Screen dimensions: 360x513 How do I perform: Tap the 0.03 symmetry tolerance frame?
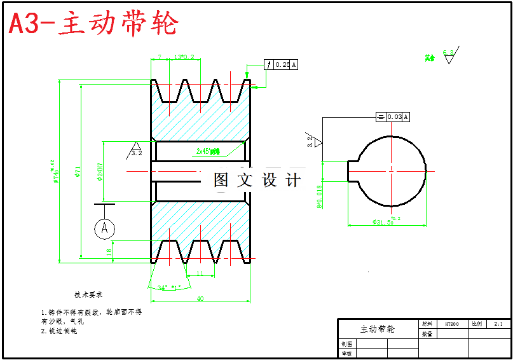393,116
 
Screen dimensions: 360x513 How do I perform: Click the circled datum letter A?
105,228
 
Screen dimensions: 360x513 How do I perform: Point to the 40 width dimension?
200,299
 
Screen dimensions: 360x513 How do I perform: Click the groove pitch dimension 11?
200,273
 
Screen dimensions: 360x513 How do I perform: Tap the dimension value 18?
109,251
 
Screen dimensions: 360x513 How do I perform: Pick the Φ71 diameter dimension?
78,172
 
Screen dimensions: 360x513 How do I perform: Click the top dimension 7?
160,57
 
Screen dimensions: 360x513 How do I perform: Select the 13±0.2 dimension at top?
184,57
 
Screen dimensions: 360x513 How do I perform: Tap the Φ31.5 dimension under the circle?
384,222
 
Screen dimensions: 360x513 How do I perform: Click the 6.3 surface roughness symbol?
449,55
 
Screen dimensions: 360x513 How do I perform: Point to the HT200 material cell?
451,324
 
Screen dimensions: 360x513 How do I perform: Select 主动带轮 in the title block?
378,329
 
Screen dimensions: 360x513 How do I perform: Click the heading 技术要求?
88,295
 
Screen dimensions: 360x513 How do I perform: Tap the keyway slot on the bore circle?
353,170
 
